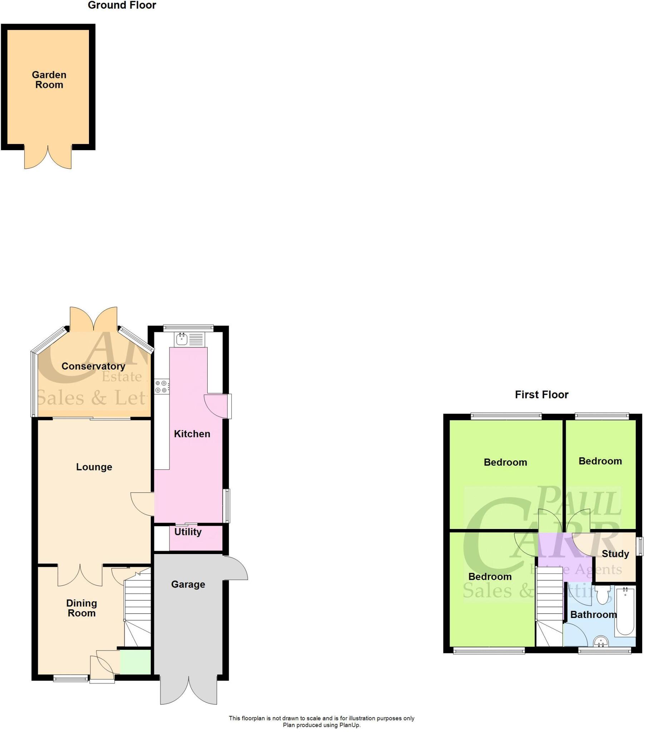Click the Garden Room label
pyautogui.click(x=49, y=80)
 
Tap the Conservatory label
pyautogui.click(x=93, y=366)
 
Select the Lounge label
pyautogui.click(x=94, y=467)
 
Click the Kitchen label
pyautogui.click(x=192, y=434)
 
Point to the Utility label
pyautogui.click(x=188, y=532)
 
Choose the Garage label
pyautogui.click(x=188, y=584)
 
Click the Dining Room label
pyautogui.click(x=82, y=608)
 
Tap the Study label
pyautogui.click(x=615, y=554)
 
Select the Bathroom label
pyautogui.click(x=593, y=615)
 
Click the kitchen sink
pyautogui.click(x=182, y=338)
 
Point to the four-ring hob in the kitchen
pyautogui.click(x=161, y=386)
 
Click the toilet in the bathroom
pyautogui.click(x=602, y=596)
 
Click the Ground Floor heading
pyautogui.click(x=122, y=5)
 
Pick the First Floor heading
pyautogui.click(x=541, y=395)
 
